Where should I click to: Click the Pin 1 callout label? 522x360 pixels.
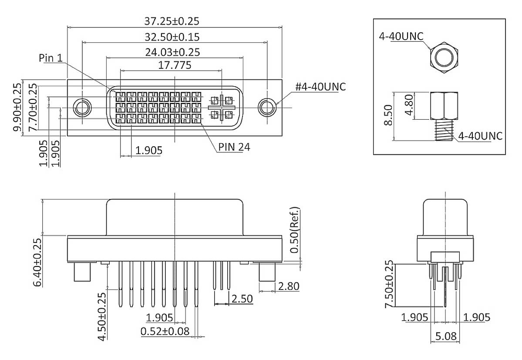click(51, 58)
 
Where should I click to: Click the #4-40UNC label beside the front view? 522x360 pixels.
click(320, 87)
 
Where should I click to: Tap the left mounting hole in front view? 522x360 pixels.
click(81, 107)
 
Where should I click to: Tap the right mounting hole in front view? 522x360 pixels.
click(266, 107)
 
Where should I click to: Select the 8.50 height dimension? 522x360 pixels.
click(388, 116)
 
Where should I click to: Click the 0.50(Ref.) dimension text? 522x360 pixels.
click(295, 231)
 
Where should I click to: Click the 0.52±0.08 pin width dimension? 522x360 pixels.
click(165, 332)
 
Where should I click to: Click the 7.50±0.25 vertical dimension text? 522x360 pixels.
click(389, 285)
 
